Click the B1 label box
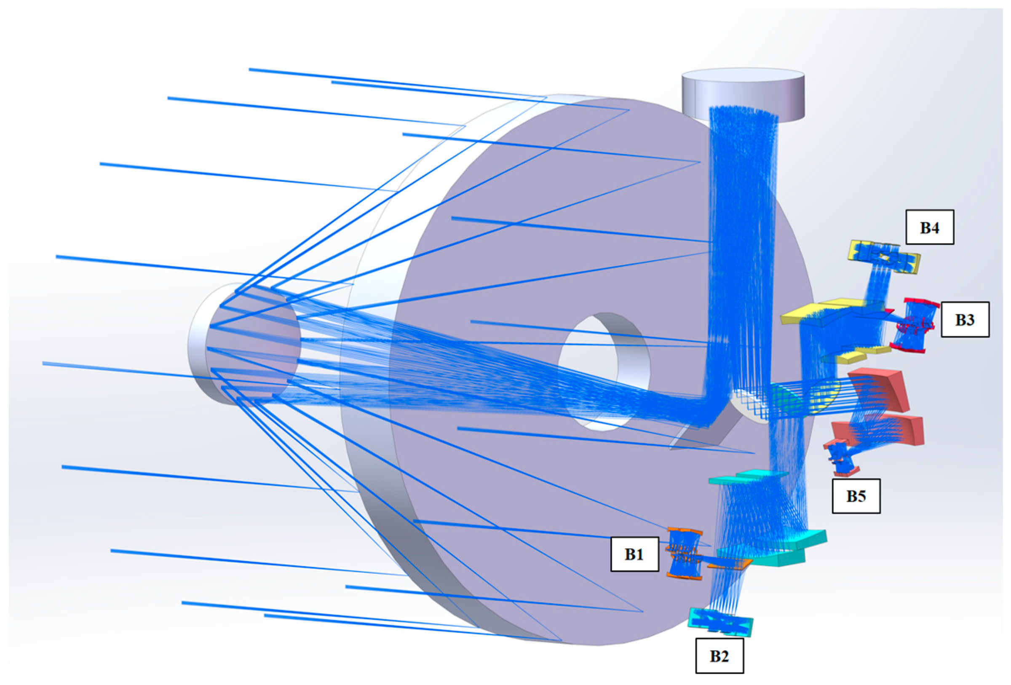click(x=634, y=554)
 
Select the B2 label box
click(x=719, y=656)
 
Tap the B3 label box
click(x=965, y=320)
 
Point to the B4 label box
click(x=930, y=227)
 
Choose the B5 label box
click(x=856, y=496)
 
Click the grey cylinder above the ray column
click(x=743, y=94)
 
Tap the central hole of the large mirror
click(x=604, y=372)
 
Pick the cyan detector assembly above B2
click(x=720, y=623)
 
